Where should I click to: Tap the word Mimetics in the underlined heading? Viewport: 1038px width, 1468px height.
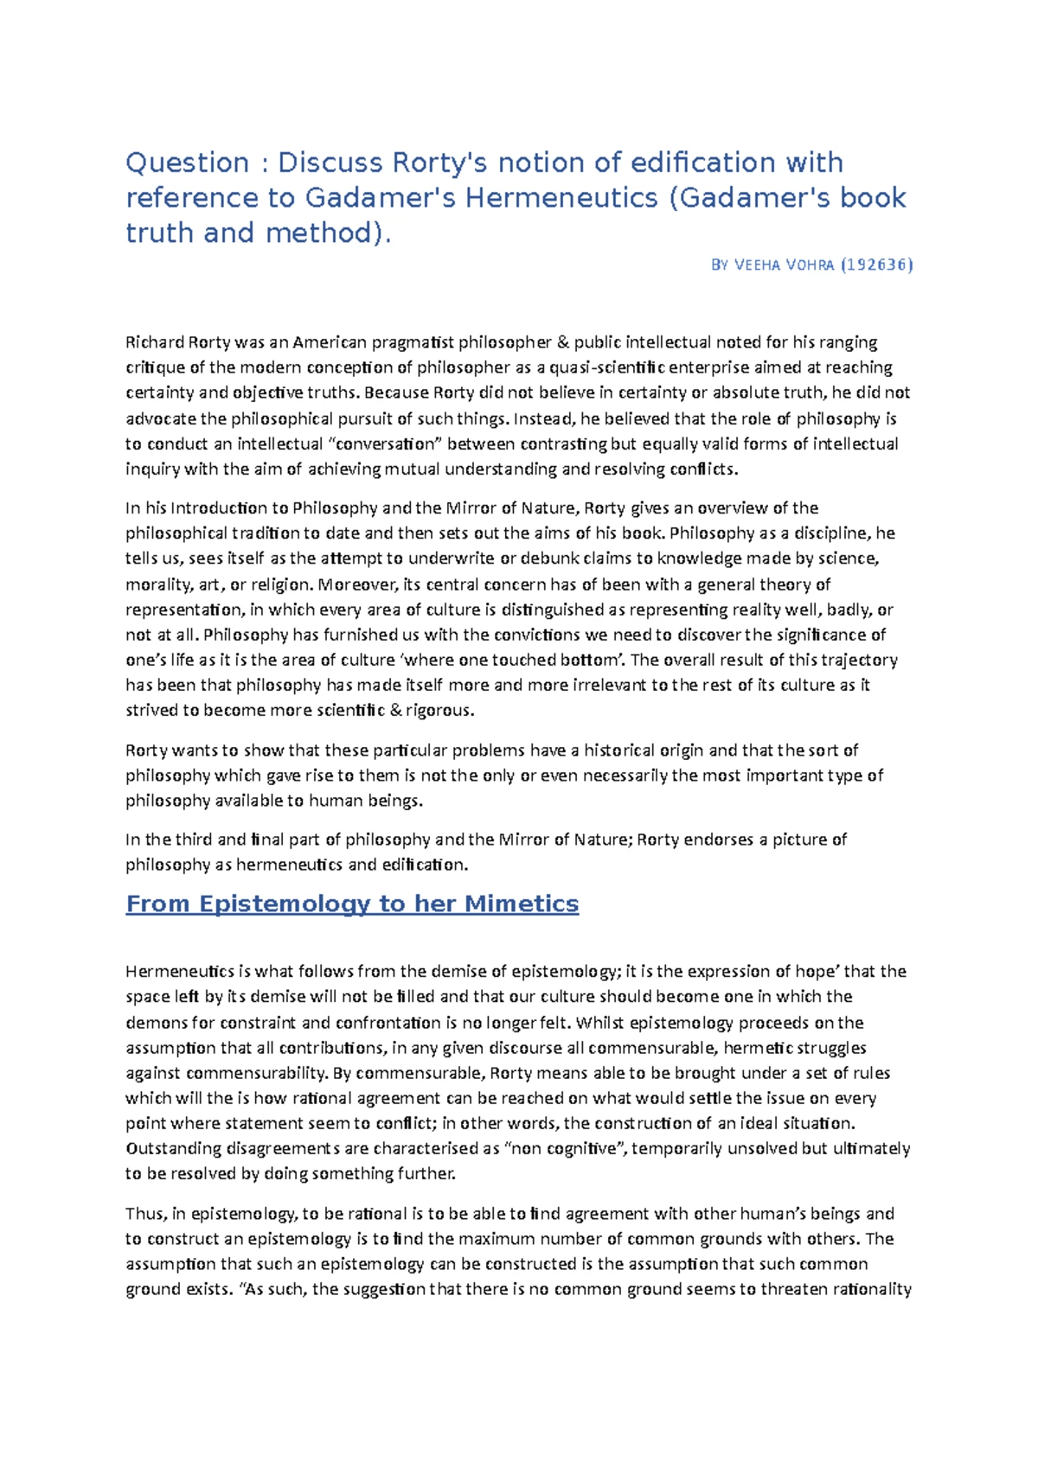click(522, 903)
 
